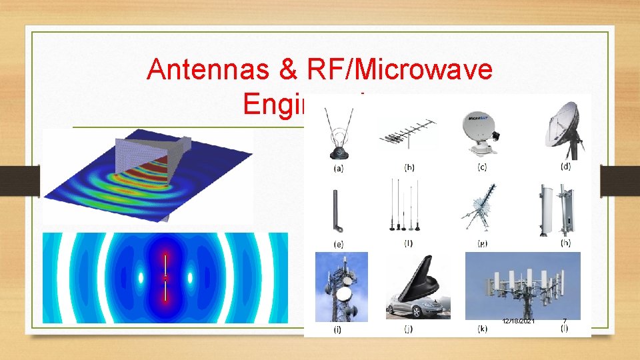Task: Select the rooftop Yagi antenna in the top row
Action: tap(407, 133)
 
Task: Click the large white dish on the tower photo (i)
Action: tap(345, 294)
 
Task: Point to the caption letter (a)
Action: tap(339, 168)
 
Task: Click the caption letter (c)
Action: tap(482, 167)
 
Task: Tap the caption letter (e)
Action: tap(339, 243)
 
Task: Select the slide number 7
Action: tap(565, 321)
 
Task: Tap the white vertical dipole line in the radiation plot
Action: tap(165, 277)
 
